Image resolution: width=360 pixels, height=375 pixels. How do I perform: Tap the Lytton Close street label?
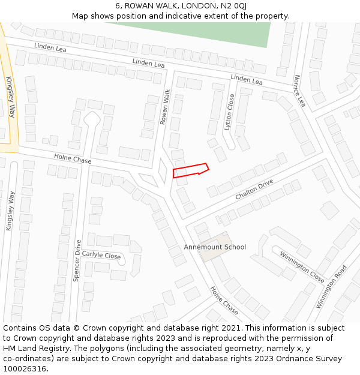(x=229, y=112)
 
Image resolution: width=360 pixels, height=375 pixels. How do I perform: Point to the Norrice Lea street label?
(x=300, y=91)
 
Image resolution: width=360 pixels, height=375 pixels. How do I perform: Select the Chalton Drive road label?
(x=254, y=189)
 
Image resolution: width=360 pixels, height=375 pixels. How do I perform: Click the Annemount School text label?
(x=215, y=247)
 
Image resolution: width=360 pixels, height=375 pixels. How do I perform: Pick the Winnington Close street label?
(x=302, y=267)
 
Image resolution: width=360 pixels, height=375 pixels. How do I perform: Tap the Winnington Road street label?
(x=331, y=287)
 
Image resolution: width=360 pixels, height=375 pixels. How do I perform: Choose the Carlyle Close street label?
(x=101, y=255)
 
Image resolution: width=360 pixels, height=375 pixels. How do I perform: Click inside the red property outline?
(x=188, y=171)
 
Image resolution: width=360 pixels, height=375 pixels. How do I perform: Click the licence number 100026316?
(x=25, y=368)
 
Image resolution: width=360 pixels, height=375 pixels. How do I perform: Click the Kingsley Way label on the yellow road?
(x=10, y=96)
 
